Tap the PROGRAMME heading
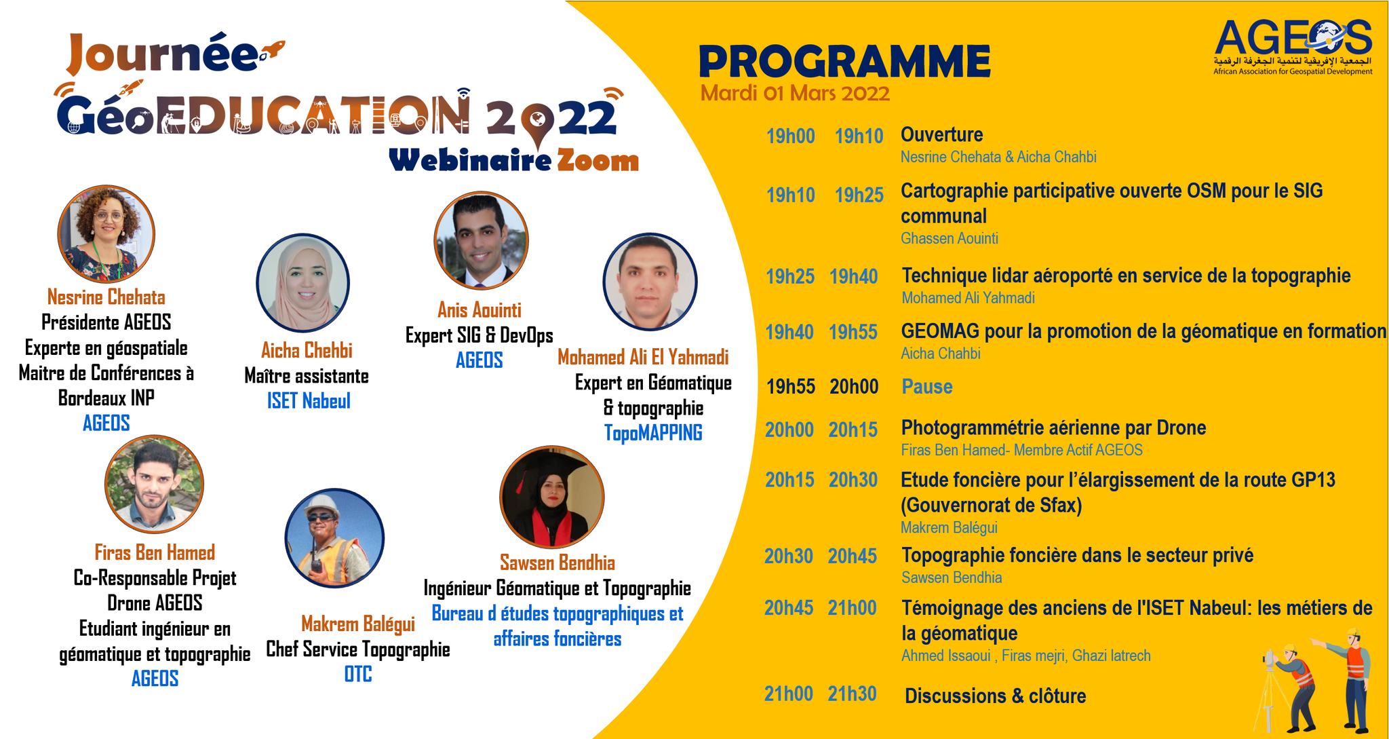844,62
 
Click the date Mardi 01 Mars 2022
795,93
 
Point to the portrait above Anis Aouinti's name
481,239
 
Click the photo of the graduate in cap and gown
551,497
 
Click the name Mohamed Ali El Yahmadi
643,357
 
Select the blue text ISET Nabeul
309,401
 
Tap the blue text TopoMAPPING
653,433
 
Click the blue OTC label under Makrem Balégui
357,675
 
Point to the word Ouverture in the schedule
941,134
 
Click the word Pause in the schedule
927,387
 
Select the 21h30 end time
852,694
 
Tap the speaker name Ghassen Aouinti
950,238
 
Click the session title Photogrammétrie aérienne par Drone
1053,428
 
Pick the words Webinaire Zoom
513,161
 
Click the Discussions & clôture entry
995,696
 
